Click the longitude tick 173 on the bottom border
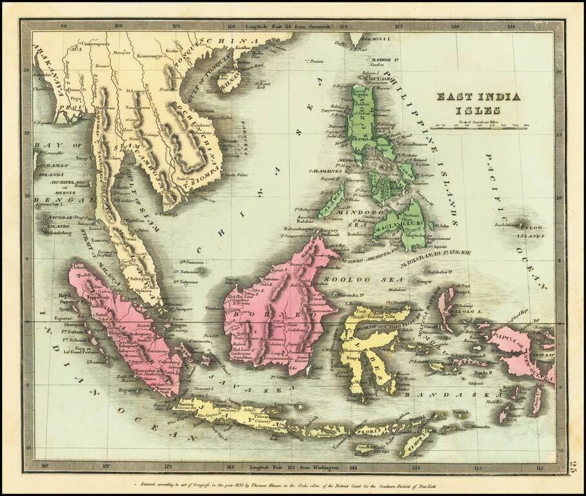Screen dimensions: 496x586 click(x=167, y=466)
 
